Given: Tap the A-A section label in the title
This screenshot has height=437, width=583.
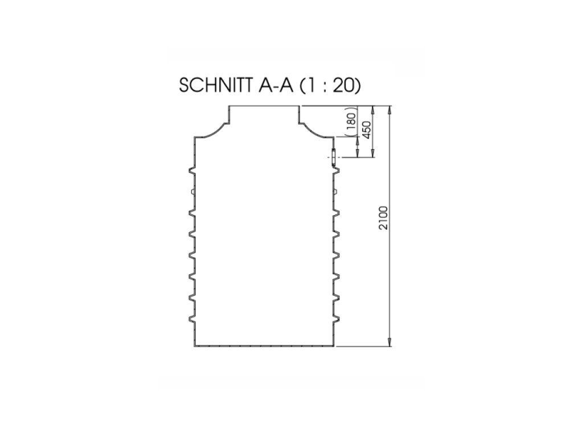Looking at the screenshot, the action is pyautogui.click(x=276, y=85).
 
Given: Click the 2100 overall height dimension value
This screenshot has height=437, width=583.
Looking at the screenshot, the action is pyautogui.click(x=384, y=218).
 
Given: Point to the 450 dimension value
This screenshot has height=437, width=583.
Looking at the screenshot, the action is pyautogui.click(x=367, y=129).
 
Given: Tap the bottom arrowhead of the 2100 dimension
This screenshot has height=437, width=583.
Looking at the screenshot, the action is pyautogui.click(x=389, y=342).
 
